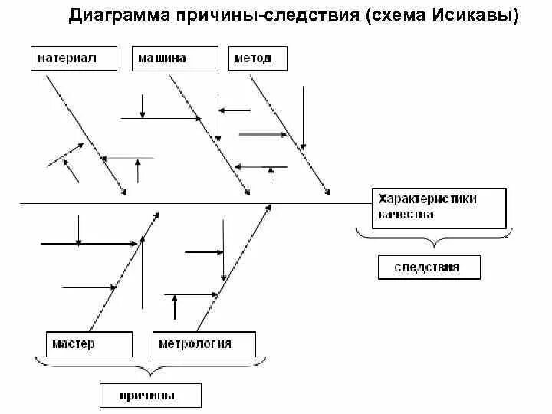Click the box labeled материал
click(x=74, y=58)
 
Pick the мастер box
click(x=87, y=343)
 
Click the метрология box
click(x=203, y=343)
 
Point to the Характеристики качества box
click(x=439, y=207)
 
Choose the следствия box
click(x=429, y=267)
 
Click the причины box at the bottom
click(x=150, y=396)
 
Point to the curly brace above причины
click(x=150, y=370)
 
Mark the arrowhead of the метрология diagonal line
click(x=268, y=207)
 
